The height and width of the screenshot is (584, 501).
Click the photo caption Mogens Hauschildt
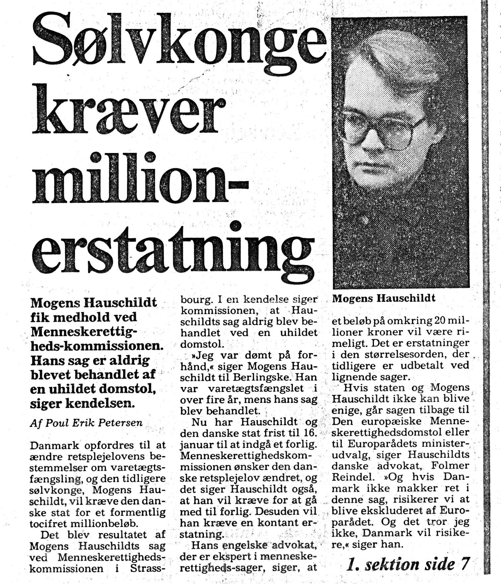[384, 298]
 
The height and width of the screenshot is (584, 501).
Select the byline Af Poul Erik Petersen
[86, 423]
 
